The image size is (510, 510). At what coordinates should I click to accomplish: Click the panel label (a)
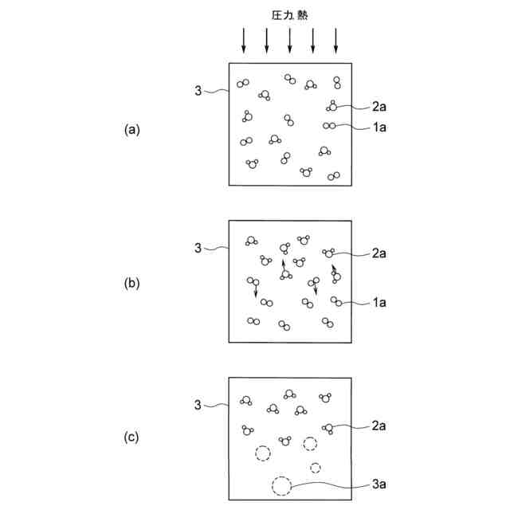131,129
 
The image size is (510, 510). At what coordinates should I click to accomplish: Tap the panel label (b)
131,283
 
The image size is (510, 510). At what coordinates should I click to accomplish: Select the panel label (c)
131,437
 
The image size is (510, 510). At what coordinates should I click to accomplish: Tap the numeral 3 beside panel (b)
198,249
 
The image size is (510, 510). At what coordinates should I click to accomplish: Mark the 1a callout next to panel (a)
379,127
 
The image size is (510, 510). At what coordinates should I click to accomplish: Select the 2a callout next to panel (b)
379,253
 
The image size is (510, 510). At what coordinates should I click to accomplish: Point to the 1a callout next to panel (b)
379,302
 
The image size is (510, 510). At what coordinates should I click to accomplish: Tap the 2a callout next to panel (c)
379,426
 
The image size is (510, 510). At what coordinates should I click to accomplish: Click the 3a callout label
379,482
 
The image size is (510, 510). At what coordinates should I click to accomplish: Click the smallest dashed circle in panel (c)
316,467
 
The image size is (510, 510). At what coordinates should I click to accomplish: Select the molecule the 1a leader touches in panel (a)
328,126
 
